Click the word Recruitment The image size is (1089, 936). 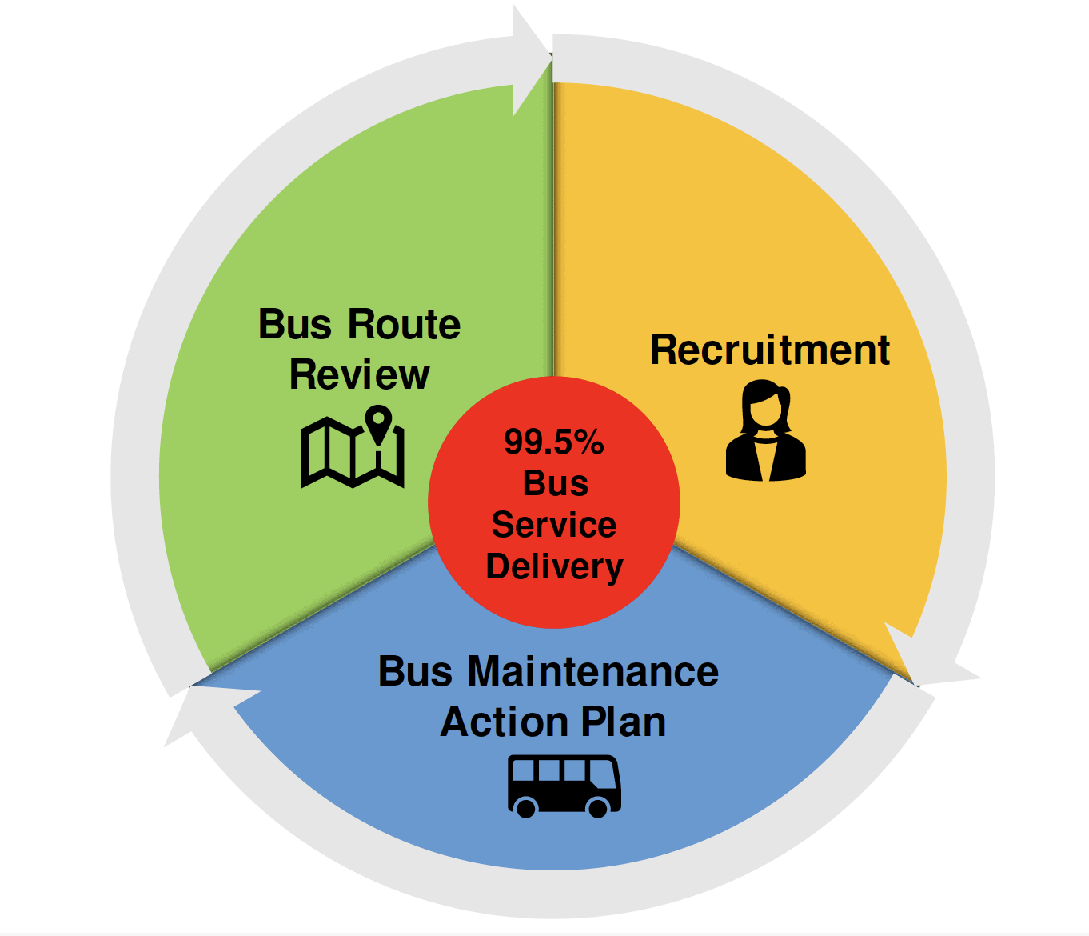click(769, 350)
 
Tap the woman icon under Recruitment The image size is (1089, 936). click(766, 431)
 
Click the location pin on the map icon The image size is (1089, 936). click(378, 422)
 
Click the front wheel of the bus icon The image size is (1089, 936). click(597, 806)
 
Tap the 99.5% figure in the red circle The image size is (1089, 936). click(553, 442)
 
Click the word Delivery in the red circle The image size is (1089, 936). click(554, 567)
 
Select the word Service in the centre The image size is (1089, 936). click(553, 526)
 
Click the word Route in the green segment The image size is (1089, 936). click(405, 325)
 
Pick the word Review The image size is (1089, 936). click(360, 375)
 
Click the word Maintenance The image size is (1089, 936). click(592, 671)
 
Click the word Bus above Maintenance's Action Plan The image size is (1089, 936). click(416, 671)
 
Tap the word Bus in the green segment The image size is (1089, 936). click(294, 325)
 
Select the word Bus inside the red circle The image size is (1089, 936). click(555, 484)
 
